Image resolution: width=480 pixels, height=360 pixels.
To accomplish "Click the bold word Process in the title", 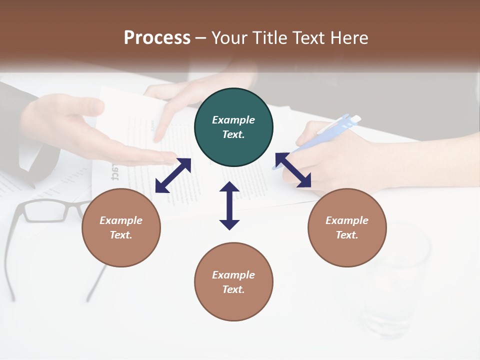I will (157, 38).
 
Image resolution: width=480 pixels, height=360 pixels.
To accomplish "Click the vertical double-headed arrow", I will (229, 205).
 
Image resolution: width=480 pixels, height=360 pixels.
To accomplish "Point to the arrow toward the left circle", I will (173, 175).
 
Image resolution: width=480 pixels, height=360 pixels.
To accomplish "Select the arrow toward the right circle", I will (293, 170).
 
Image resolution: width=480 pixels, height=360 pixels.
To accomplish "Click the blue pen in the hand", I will (330, 130).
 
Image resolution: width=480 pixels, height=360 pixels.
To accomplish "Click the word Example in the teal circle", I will (233, 120).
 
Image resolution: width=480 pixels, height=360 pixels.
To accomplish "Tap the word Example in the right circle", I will (347, 220).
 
